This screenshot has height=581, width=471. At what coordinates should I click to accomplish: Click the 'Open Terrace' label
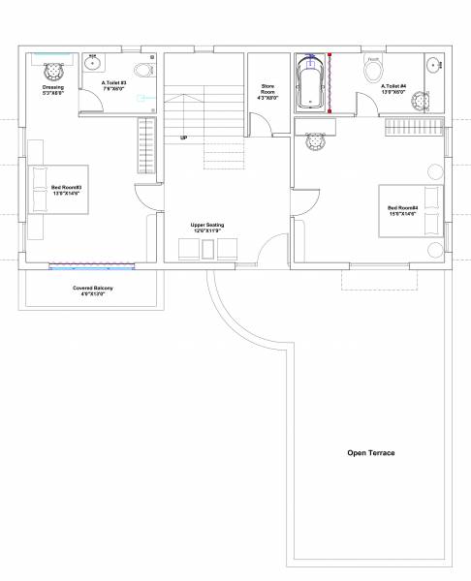coord(371,452)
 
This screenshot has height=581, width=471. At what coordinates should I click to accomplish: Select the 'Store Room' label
coord(267,94)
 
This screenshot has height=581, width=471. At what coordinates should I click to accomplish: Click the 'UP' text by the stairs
coord(183,138)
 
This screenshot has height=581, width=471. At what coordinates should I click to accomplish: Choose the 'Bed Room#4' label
coord(402,210)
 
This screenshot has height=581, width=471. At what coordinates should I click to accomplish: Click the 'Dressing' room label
coord(53,89)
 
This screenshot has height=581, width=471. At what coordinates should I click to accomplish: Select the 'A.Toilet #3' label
coord(114,85)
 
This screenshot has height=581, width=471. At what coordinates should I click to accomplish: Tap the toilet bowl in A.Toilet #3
coord(142,70)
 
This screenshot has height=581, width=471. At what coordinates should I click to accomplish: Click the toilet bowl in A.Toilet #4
coord(374,70)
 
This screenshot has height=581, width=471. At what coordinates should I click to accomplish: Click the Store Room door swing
coord(260,124)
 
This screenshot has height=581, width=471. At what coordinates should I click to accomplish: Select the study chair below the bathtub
coord(315,142)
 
